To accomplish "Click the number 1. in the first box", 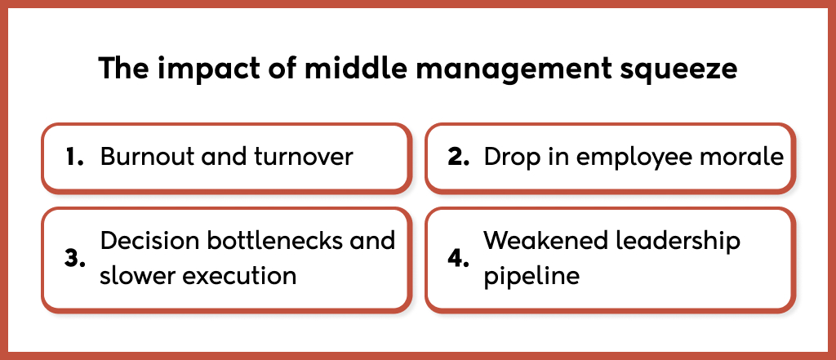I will (75, 158).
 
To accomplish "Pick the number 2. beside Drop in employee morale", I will (459, 158).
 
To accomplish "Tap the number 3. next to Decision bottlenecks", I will (75, 259).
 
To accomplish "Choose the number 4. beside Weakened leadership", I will (459, 259).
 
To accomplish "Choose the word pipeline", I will (531, 276).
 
